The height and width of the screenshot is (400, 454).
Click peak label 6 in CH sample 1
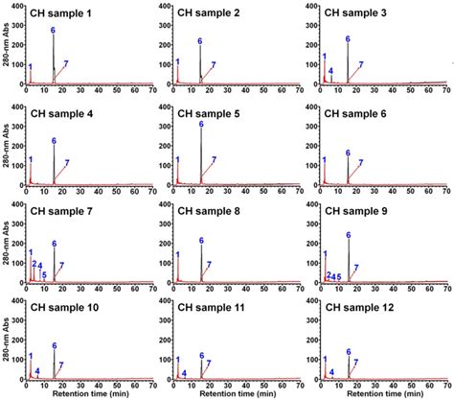click(54, 31)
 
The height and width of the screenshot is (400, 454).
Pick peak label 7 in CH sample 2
click(213, 65)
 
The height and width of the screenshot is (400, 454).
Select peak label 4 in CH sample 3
click(330, 72)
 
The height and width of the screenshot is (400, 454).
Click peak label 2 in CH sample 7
click(34, 264)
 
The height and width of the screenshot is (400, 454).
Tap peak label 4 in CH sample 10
click(37, 372)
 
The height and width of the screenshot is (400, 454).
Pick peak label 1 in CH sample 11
click(177, 358)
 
